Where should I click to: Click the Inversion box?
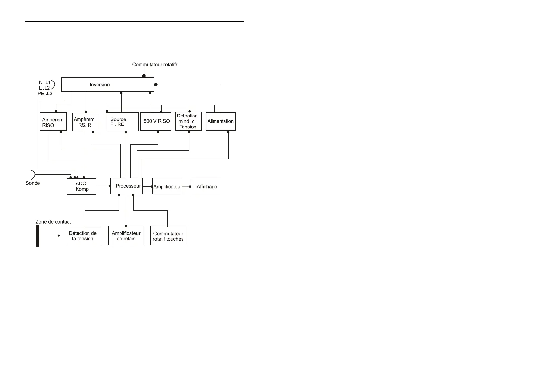coord(108,84)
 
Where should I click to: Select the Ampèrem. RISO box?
coord(53,122)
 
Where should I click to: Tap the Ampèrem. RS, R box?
coord(86,122)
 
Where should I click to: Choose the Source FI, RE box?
coord(122,122)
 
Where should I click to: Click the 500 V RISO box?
coord(156,121)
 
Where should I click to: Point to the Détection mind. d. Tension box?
coord(188,121)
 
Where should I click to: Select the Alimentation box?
coord(221,121)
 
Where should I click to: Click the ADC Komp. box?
coord(81,186)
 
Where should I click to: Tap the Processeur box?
coord(127,186)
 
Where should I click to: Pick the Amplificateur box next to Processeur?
coord(167,186)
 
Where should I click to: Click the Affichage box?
coord(206,186)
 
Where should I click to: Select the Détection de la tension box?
coord(84,236)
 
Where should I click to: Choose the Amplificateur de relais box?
coord(126,236)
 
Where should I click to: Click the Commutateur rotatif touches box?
coord(168,236)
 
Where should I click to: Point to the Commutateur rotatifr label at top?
coord(155,65)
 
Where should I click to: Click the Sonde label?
coord(33,183)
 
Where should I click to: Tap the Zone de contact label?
coord(53,222)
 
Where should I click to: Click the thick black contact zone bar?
coord(38,236)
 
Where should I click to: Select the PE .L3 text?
coord(45,93)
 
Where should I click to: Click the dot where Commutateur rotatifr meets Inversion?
coord(144,76)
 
